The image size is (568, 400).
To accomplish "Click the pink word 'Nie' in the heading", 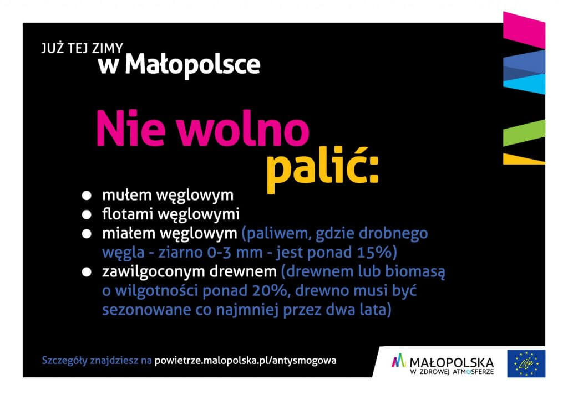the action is coord(131,129).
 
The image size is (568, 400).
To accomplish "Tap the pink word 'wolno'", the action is coord(243,129).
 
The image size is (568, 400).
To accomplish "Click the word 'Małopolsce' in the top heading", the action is coord(192,65).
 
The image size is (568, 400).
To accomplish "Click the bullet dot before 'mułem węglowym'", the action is coord(87,196).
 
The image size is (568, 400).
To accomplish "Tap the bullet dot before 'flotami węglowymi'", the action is coord(87,214).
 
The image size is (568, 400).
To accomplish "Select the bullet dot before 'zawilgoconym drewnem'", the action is coord(87,272).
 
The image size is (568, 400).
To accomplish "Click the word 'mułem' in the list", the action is coord(127,196).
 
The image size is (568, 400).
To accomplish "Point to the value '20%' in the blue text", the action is coord(270,291).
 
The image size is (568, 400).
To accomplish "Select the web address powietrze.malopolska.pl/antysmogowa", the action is coord(246,361).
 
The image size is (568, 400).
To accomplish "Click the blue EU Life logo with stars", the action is coord(526,363).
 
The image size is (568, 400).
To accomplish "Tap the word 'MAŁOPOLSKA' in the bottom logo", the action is coord(452,362).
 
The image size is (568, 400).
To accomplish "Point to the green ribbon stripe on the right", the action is coord(524,133).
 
